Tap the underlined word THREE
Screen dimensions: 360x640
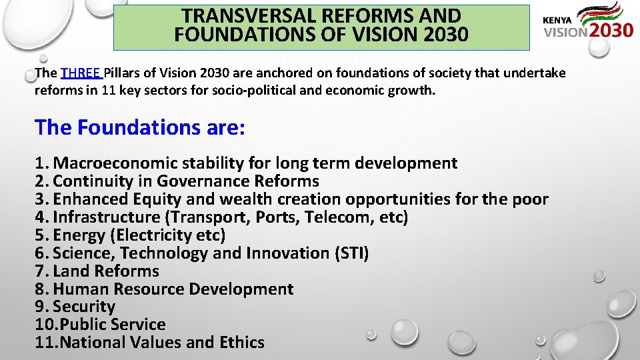pyautogui.click(x=80, y=73)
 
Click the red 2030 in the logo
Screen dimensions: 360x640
pyautogui.click(x=611, y=31)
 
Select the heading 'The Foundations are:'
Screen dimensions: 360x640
pyautogui.click(x=140, y=127)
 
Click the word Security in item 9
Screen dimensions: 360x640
pyautogui.click(x=84, y=307)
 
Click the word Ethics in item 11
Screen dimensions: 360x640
pyautogui.click(x=242, y=343)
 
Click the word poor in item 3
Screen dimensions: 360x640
pyautogui.click(x=531, y=199)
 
